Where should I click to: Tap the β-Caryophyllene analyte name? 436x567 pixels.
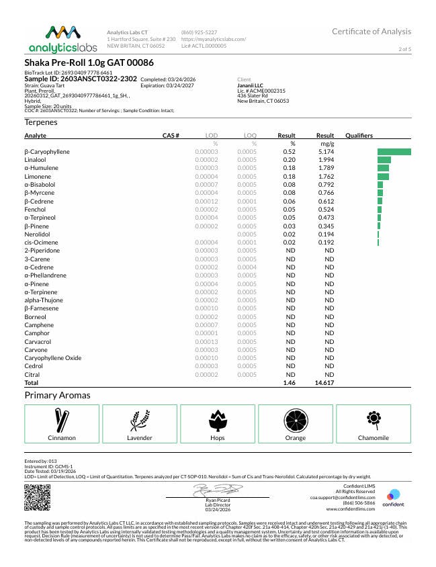tap(47, 152)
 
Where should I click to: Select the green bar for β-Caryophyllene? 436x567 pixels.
tap(394, 152)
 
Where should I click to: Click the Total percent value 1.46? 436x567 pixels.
tap(289, 382)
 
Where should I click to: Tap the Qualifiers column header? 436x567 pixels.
tap(359, 136)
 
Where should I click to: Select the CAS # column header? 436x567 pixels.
tap(171, 136)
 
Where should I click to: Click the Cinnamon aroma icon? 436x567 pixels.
tap(62, 421)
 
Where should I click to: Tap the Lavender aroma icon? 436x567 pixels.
tap(140, 421)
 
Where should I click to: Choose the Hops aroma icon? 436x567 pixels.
tap(218, 421)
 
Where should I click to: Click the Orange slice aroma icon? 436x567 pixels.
tap(296, 421)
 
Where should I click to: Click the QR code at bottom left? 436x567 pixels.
tap(38, 497)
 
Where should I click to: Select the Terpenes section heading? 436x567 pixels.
tap(41, 122)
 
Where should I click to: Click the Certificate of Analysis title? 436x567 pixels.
tap(372, 32)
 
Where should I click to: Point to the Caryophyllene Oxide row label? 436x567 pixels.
tap(53, 358)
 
